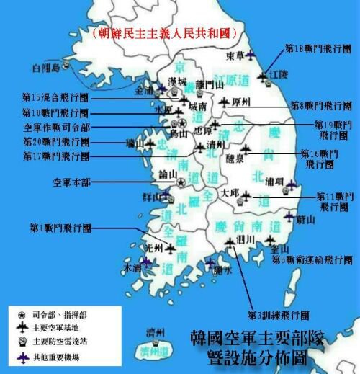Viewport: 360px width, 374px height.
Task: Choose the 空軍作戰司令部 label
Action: [54, 127]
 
